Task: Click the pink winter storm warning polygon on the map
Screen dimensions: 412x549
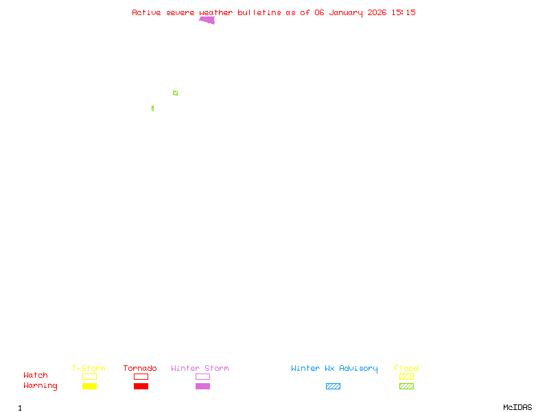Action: [x=208, y=20]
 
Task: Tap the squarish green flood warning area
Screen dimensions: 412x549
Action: [x=175, y=93]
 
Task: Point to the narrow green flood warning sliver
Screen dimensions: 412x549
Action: [x=152, y=108]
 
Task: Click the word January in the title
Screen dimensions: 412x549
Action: [x=347, y=12]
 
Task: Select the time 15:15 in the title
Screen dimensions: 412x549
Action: [x=404, y=12]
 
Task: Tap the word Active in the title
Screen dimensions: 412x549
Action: [x=147, y=12]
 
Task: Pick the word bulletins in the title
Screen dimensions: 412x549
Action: [x=259, y=12]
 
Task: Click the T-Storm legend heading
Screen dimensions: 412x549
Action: [x=89, y=368]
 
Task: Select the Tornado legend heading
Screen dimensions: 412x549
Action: [x=140, y=368]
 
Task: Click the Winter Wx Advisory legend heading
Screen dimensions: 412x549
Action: [x=334, y=368]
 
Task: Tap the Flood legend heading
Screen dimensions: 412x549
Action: [x=406, y=368]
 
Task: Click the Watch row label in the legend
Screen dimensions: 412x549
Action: [x=36, y=376]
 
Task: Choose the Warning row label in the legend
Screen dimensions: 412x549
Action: [x=40, y=386]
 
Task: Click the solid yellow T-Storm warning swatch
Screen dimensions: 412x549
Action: [x=89, y=386]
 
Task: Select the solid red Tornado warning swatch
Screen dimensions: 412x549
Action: [x=141, y=386]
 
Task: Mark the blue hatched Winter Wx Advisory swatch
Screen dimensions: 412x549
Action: [x=333, y=386]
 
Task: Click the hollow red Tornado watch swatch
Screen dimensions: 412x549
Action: [x=141, y=376]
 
